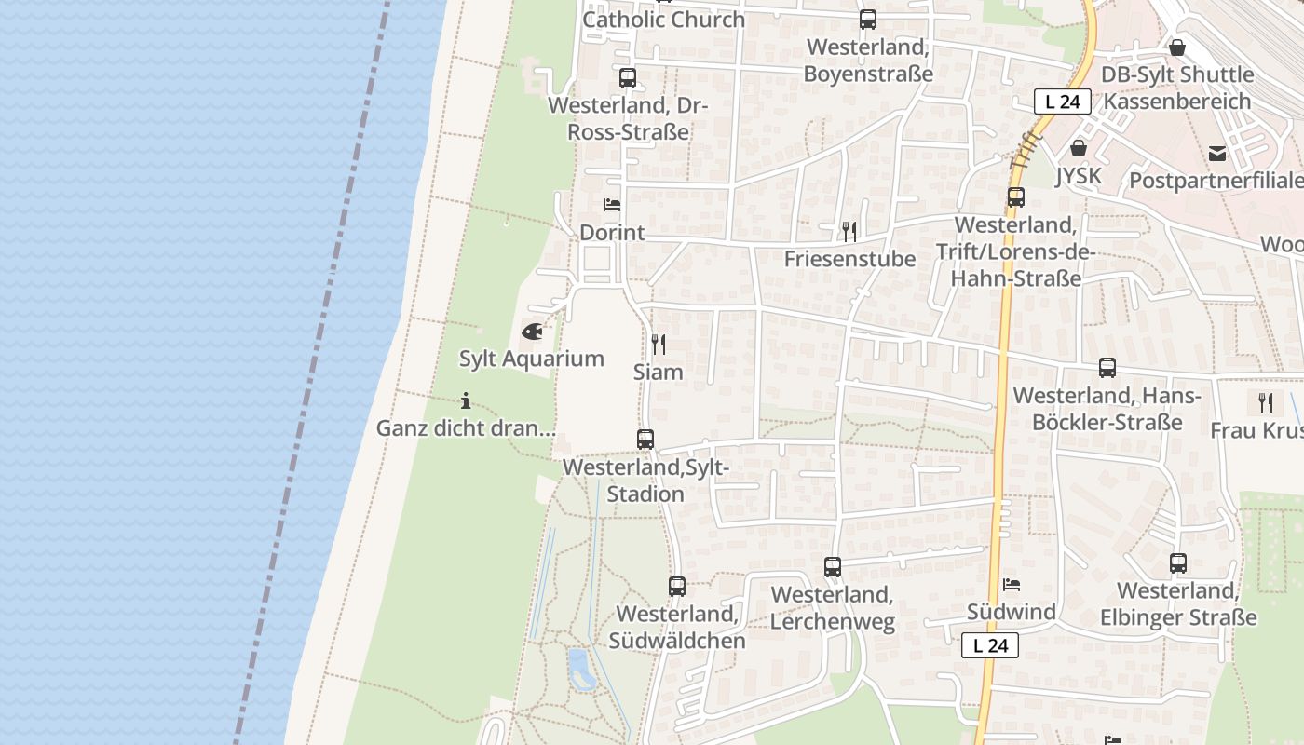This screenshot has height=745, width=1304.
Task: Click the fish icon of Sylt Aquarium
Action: coord(532,331)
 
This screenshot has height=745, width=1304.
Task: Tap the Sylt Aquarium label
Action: coord(532,359)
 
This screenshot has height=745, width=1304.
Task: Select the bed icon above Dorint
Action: coord(612,205)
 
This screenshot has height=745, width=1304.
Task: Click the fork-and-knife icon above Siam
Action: coord(659,345)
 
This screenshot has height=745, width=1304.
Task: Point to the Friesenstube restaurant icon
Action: coord(849,231)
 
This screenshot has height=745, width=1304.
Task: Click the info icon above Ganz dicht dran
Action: coord(466,401)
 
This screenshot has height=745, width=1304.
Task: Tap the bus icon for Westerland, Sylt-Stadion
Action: coord(645,440)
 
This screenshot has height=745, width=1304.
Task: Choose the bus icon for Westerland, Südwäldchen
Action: coord(677,587)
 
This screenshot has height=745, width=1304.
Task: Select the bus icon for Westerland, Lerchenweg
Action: coord(833,566)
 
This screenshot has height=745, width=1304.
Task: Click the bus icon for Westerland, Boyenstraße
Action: coord(868,20)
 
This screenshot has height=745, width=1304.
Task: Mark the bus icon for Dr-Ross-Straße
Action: coord(628,78)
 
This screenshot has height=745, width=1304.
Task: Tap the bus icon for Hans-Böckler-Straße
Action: coord(1107,368)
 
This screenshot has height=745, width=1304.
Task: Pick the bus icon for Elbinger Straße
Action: coord(1178,563)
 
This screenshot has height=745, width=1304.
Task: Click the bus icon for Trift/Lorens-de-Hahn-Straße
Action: coord(1016,197)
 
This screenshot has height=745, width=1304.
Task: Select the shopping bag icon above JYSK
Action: coord(1079,148)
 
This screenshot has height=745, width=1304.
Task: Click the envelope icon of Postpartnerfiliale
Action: coord(1217,154)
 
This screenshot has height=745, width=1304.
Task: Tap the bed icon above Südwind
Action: coord(1012,585)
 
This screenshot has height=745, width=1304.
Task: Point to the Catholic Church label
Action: coord(664,20)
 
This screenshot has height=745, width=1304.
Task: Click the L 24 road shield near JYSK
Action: coord(1063,102)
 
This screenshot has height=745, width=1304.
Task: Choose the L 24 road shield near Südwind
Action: coord(990,645)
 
